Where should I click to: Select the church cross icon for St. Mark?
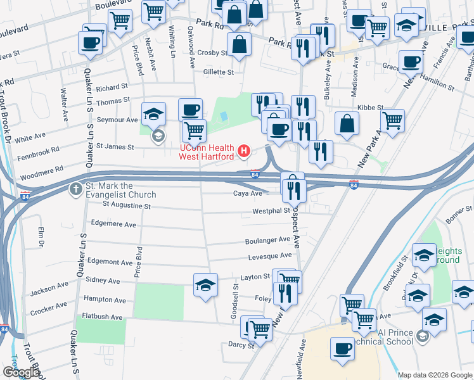tap(75, 188)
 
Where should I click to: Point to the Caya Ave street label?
tap(247, 193)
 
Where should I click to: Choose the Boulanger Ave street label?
tap(267, 241)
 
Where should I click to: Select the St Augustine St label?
tap(126, 205)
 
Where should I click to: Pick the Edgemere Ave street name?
tap(113, 224)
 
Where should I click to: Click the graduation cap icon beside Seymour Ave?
tap(154, 114)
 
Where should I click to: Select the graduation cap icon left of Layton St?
tap(205, 286)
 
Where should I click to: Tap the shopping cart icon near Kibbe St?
tap(392, 119)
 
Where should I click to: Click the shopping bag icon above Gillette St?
tap(240, 44)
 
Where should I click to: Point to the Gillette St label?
tap(219, 72)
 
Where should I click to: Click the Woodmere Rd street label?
tap(42, 170)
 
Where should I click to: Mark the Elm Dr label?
tap(41, 238)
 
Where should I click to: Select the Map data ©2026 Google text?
tap(435, 375)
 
